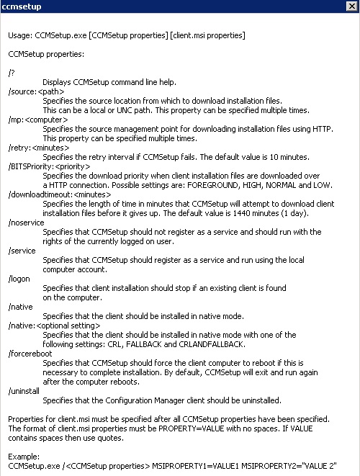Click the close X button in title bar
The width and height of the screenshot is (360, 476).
point(351,6)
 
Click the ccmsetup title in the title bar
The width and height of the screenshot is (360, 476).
point(22,6)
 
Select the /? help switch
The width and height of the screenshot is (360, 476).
point(11,73)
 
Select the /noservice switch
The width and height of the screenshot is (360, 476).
point(26,223)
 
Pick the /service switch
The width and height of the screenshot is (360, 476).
point(22,251)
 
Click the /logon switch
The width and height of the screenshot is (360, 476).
point(19,279)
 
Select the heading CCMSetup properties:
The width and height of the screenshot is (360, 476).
point(46,54)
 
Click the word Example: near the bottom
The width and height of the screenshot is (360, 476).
point(24,457)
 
